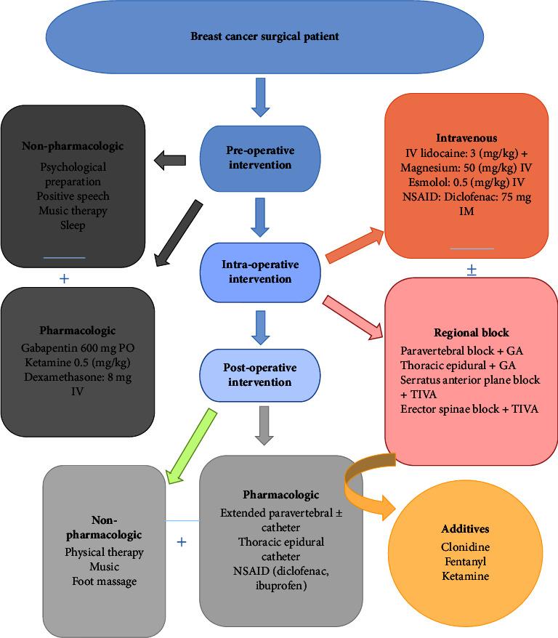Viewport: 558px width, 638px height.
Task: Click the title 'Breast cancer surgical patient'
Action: (264, 36)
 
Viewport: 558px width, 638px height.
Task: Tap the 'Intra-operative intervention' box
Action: (260, 272)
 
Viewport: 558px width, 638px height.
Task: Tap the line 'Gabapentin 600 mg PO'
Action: (78, 347)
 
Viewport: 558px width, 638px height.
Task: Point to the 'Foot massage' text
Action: (104, 581)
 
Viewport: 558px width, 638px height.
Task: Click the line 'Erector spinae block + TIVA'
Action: (469, 409)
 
